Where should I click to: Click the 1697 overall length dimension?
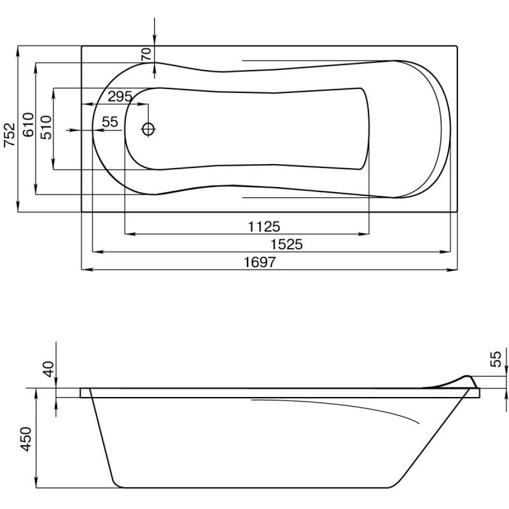260,262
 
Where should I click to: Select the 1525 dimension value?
287,244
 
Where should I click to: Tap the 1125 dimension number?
264,227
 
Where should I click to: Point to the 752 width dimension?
10,135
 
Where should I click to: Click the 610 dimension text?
28,125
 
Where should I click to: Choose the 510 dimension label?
46,127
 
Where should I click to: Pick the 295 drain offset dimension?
120,97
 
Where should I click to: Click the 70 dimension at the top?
146,54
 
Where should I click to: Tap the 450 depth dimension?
26,439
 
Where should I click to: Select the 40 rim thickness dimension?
49,369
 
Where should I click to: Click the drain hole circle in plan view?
148,129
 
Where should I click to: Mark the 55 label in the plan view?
110,122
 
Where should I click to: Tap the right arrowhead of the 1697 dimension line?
452,269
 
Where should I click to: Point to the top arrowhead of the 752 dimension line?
18,52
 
